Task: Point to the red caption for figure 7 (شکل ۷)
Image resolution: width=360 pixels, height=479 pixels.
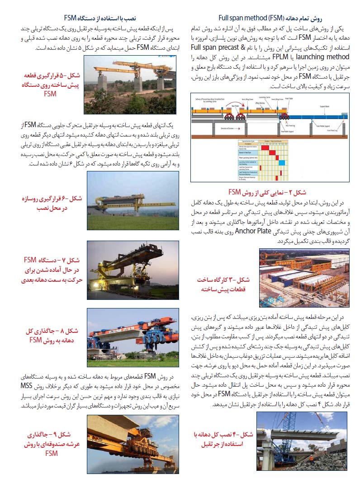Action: (x=52, y=270)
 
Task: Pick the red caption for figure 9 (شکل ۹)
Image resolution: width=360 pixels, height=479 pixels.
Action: (x=51, y=444)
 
